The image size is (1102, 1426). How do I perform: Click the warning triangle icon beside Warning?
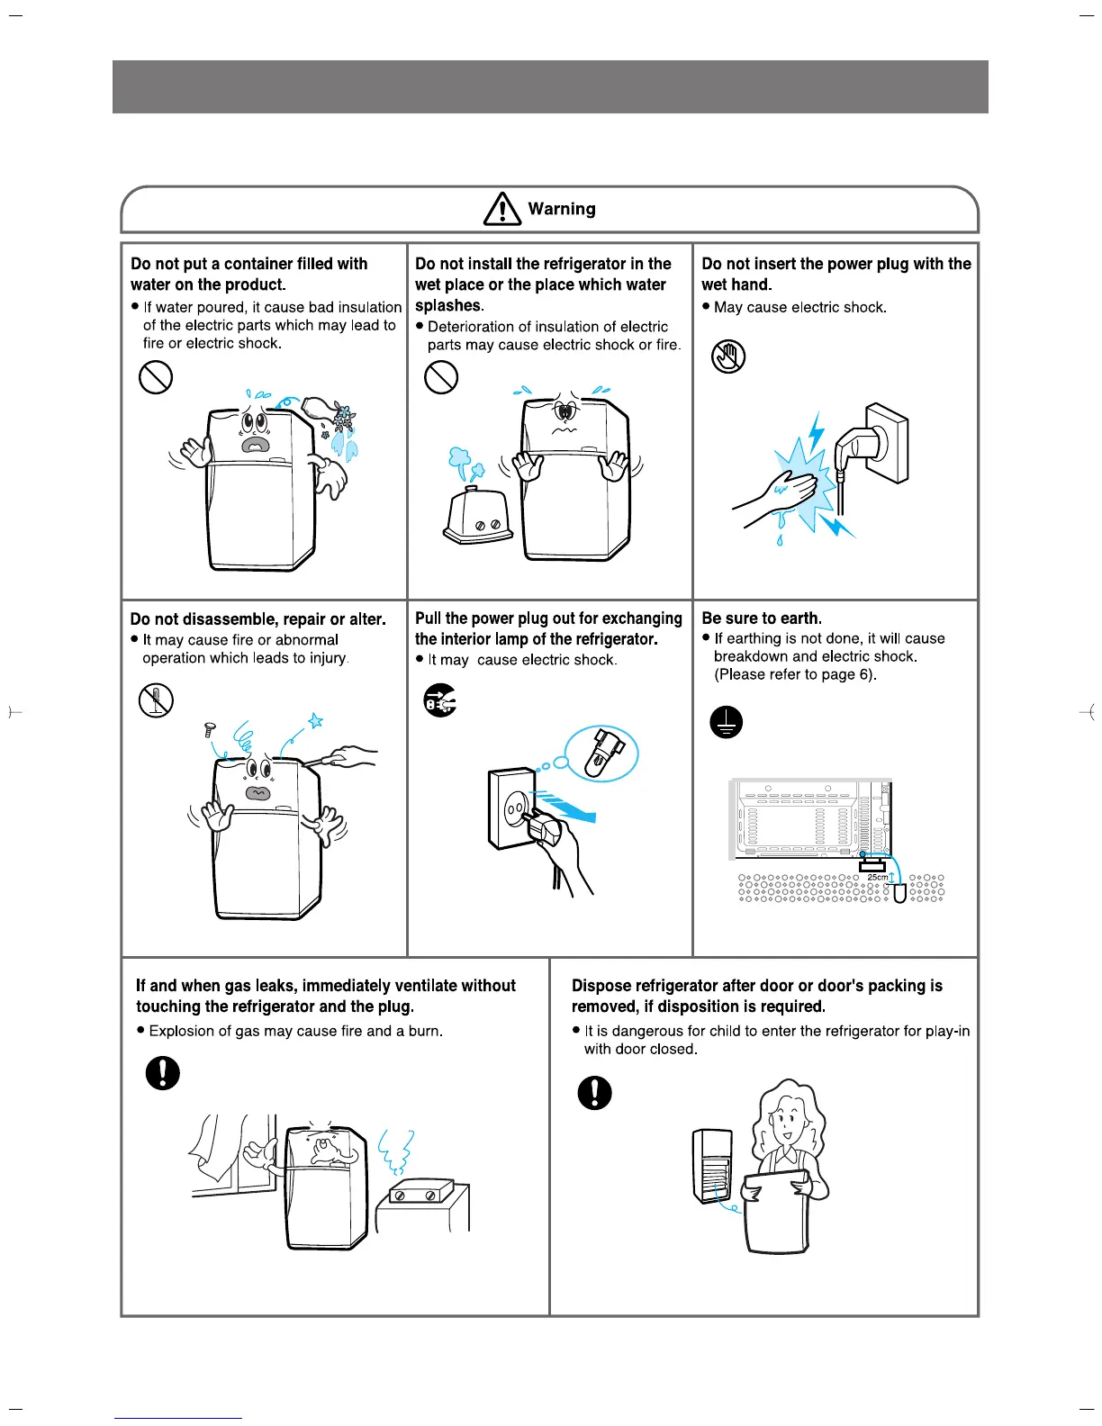(502, 209)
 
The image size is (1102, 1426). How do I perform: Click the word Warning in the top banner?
(562, 209)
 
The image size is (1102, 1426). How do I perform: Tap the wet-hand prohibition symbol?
(728, 356)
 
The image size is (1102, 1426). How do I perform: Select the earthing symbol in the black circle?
(727, 721)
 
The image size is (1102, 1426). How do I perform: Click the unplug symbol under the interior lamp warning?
(440, 699)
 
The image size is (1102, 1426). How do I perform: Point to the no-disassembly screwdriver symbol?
(156, 699)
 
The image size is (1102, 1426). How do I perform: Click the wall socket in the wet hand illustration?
(887, 441)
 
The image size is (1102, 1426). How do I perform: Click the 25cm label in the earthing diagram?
(877, 877)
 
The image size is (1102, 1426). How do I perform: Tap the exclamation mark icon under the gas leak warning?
(162, 1072)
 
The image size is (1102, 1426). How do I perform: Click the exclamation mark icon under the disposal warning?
(594, 1092)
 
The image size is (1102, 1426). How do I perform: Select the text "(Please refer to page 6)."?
(795, 674)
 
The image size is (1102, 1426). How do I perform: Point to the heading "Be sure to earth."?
(762, 618)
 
